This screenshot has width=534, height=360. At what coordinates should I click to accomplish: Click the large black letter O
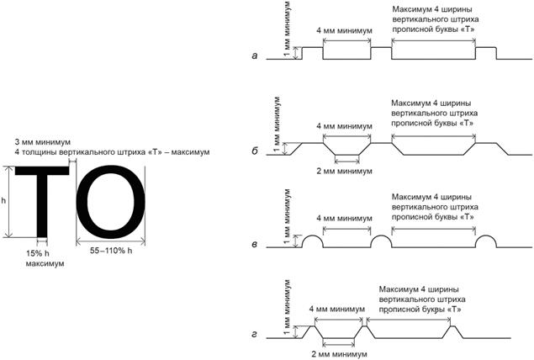(111, 202)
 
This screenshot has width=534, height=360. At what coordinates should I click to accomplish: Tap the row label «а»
(255, 56)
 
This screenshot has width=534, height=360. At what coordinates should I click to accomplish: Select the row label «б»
(255, 153)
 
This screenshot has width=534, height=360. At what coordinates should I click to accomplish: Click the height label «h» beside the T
(4, 202)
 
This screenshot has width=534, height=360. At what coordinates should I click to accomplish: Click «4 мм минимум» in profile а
(346, 31)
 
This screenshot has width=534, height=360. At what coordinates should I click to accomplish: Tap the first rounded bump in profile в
(311, 242)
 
